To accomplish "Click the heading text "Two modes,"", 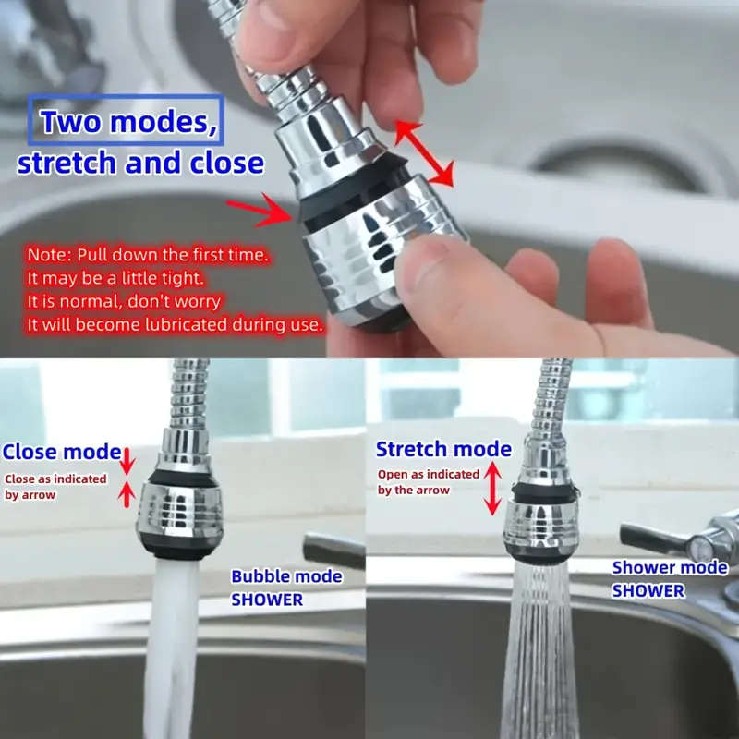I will pos(127,122).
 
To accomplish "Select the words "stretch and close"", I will pos(140,163).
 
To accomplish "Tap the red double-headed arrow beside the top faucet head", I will pos(425,153).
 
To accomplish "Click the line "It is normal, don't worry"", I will pos(124,301).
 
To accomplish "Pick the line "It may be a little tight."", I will pos(115,278).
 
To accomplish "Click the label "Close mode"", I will pos(62,453).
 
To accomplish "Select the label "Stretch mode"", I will pos(443,450).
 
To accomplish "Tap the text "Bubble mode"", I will pos(286,576).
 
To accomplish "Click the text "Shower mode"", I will pos(670,568).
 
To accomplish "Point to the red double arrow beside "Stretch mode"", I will pos(493,488).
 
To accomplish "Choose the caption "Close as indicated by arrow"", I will pos(55,487).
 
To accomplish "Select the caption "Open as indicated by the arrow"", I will pos(428,481).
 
